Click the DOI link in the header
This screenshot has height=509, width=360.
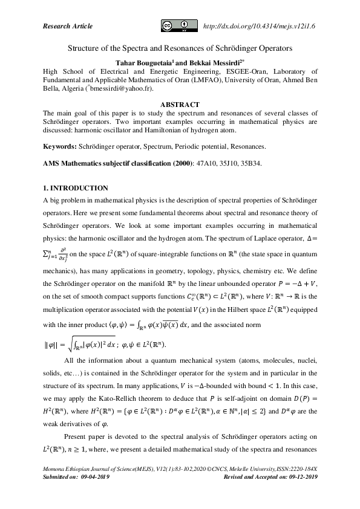coord(261,25)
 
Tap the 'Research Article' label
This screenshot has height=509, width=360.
coord(68,26)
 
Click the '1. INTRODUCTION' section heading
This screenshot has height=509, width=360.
coord(76,188)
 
